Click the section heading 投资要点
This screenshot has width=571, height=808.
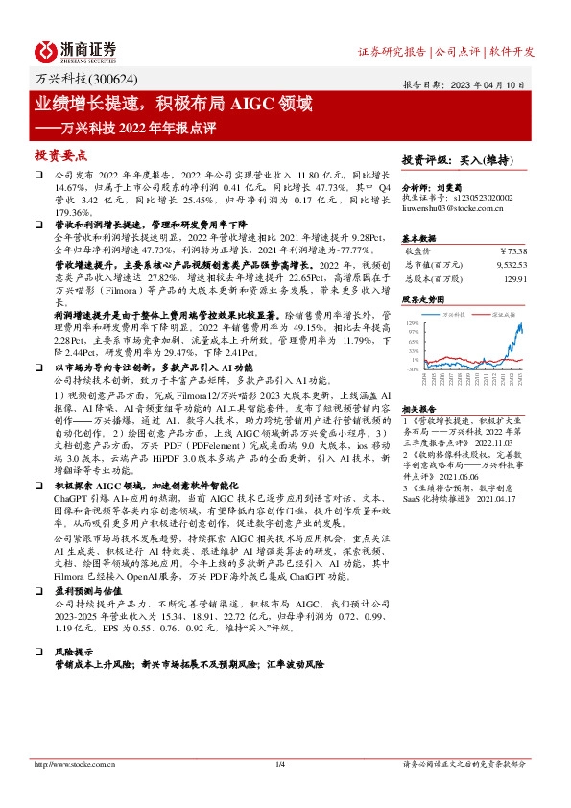pyautogui.click(x=61, y=154)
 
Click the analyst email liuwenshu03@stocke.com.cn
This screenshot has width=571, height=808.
pyautogui.click(x=445, y=206)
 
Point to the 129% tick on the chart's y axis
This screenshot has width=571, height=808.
pyautogui.click(x=414, y=323)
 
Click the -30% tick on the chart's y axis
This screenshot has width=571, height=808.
pyautogui.click(x=414, y=368)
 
